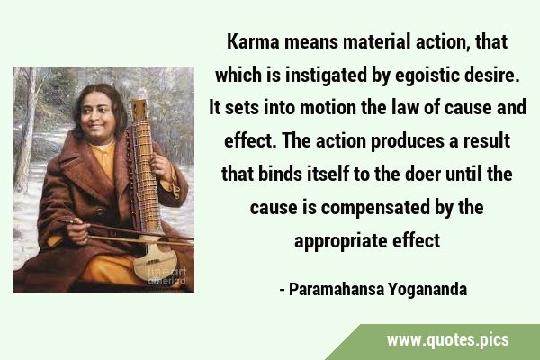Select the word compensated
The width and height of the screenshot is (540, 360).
[x=375, y=208]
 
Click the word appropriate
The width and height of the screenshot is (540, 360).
[x=341, y=241]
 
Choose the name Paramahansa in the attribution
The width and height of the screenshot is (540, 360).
[x=337, y=290]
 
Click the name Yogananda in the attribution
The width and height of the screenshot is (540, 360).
[x=427, y=290]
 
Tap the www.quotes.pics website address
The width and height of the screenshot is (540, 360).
[x=447, y=340]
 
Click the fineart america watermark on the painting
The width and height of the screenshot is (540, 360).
[x=167, y=276]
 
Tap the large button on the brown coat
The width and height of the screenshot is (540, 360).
[x=100, y=211]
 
